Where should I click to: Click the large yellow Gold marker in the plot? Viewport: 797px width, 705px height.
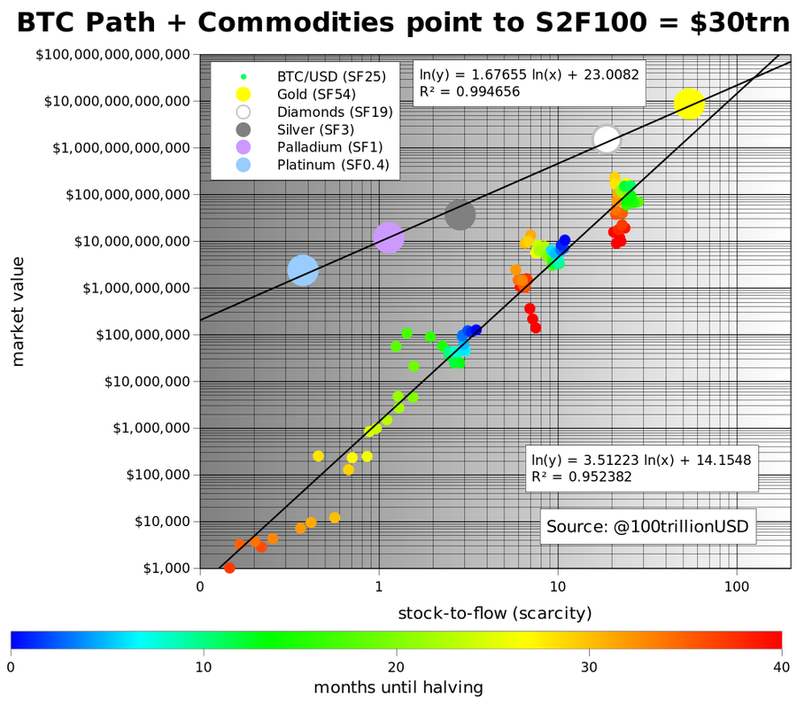click(689, 104)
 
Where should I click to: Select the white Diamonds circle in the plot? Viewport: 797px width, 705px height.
click(606, 138)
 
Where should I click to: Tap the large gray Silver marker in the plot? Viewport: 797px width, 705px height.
click(460, 214)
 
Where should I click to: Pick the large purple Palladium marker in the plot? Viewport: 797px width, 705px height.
click(389, 236)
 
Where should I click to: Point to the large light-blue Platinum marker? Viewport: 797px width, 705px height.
click(303, 270)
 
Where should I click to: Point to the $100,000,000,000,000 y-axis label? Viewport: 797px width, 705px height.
click(113, 55)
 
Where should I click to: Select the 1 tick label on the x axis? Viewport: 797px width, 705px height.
click(379, 585)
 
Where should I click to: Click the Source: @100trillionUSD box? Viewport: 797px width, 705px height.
click(648, 526)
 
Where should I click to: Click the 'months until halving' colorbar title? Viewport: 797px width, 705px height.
click(398, 686)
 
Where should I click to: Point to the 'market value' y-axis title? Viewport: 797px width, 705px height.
click(19, 311)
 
